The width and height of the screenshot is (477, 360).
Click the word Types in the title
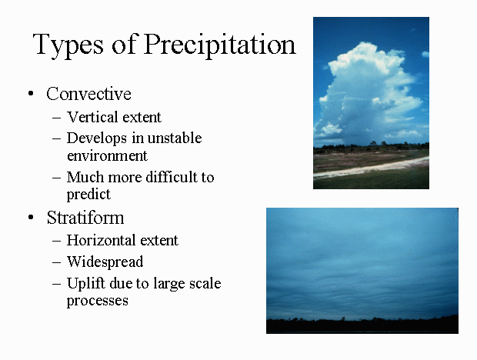coord(68,45)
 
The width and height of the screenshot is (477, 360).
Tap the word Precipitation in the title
coord(219,44)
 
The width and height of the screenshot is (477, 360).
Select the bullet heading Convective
coord(88,94)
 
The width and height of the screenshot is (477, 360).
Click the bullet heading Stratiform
coord(85,218)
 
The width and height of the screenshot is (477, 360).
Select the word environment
coord(107,155)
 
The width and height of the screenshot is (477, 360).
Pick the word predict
coord(88,195)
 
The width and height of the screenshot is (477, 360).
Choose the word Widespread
coord(105,262)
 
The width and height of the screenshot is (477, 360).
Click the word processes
coord(98,301)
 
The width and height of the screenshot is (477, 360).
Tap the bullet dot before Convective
coord(31,93)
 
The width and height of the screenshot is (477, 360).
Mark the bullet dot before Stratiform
coord(31,217)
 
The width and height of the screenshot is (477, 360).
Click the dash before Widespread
coord(57,262)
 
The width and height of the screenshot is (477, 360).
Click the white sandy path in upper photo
coord(371,168)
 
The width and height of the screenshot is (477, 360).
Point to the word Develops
coord(97,138)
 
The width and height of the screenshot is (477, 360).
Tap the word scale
coord(205,283)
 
